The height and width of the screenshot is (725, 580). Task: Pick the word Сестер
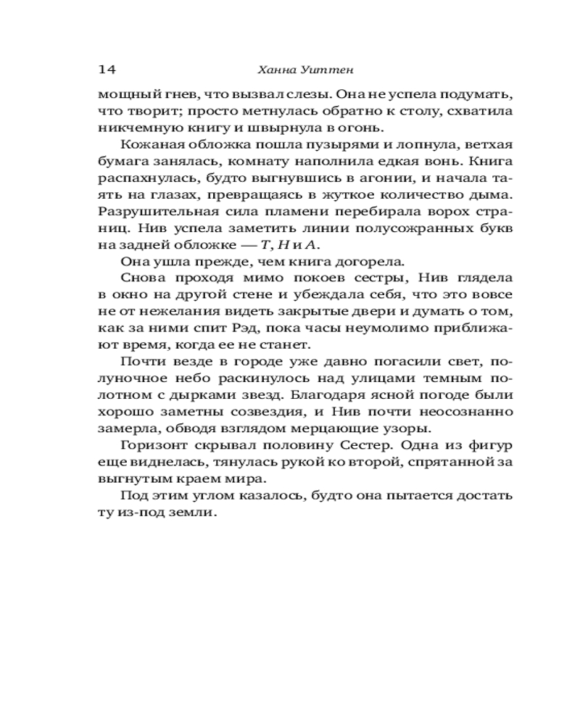pyautogui.click(x=365, y=445)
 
